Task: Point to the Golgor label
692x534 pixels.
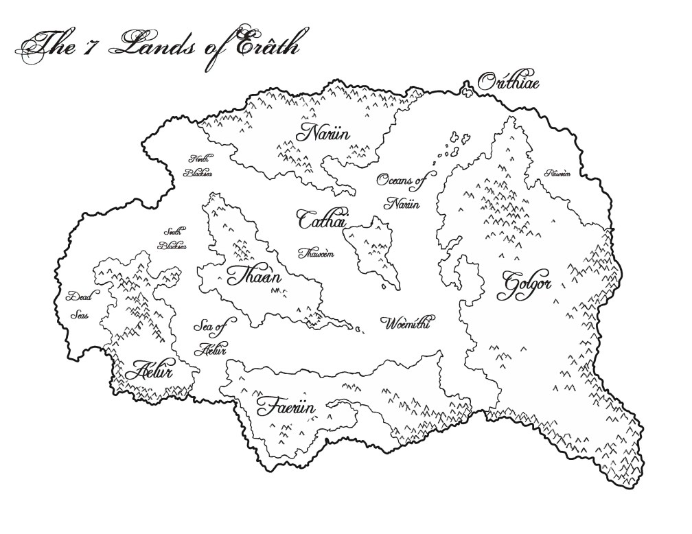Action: [527, 283]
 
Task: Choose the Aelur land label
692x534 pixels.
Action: [153, 371]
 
